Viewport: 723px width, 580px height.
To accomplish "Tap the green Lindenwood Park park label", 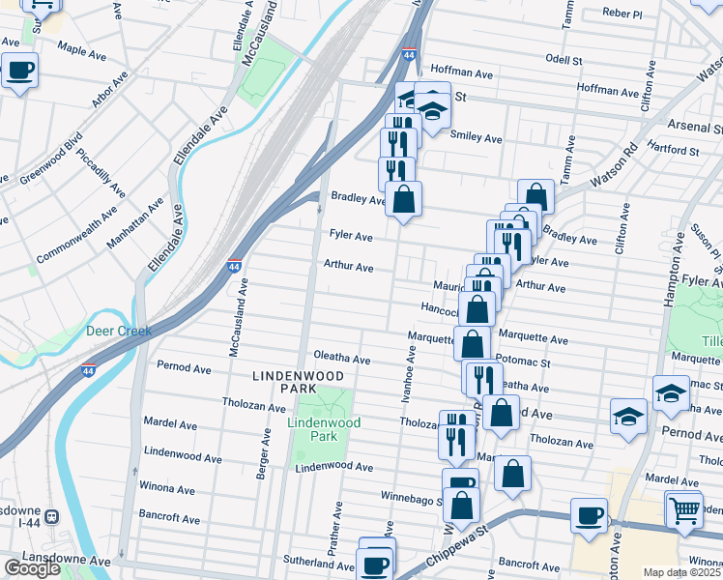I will [x=323, y=430].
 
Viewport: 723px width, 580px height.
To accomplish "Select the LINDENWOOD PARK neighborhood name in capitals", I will [x=285, y=381].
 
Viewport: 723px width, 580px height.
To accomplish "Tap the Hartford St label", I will [x=673, y=151].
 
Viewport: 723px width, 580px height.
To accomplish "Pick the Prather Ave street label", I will [x=338, y=528].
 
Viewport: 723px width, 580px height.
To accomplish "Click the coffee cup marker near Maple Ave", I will [x=20, y=70].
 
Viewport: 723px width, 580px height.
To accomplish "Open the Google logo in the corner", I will [x=32, y=568].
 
